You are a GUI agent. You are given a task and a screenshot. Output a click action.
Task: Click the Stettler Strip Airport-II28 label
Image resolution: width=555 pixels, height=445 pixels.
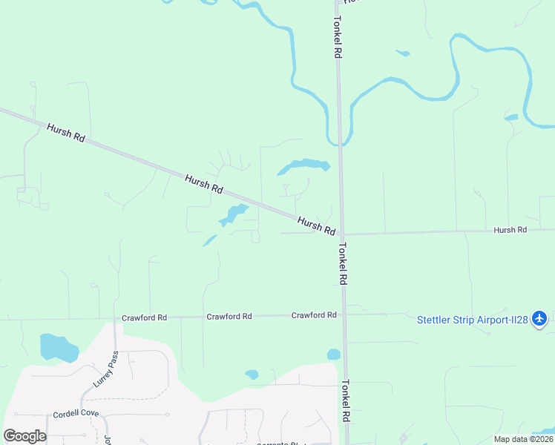click(x=472, y=320)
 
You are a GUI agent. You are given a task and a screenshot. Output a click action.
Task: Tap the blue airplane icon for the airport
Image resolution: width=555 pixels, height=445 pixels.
click(x=539, y=319)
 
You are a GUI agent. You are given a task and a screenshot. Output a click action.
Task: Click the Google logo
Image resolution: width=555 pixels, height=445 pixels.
click(x=24, y=436)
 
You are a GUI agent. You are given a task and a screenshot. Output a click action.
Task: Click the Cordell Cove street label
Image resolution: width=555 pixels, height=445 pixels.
click(x=76, y=414)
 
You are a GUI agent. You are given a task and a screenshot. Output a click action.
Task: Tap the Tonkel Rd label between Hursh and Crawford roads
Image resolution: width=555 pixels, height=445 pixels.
click(x=344, y=265)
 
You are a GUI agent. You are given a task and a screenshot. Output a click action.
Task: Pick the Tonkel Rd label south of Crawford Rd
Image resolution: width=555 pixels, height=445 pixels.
click(x=345, y=401)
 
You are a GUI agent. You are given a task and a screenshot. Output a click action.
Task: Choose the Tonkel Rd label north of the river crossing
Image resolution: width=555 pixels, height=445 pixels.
click(x=337, y=38)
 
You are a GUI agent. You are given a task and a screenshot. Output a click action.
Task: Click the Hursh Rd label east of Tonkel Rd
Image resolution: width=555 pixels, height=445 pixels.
click(x=510, y=230)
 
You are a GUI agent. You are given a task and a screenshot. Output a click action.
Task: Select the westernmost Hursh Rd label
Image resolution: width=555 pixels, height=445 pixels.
click(x=66, y=133)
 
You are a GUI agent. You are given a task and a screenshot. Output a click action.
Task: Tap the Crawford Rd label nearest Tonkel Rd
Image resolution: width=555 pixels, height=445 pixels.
click(x=314, y=315)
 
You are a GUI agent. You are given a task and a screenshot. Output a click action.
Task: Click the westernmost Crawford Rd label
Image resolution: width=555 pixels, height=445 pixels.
click(x=145, y=317)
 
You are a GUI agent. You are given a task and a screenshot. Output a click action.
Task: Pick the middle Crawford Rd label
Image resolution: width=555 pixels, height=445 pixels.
click(x=229, y=316)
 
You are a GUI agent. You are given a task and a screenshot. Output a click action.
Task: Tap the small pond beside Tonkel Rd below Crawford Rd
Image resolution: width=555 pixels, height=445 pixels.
click(x=333, y=355)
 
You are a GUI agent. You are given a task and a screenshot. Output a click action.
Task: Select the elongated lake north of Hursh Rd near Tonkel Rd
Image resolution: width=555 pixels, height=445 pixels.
click(x=305, y=165)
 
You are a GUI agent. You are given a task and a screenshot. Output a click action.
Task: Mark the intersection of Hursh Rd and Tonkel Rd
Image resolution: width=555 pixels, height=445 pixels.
click(x=342, y=234)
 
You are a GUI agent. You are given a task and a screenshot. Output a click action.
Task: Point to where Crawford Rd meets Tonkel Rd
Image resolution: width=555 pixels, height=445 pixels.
click(x=344, y=314)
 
